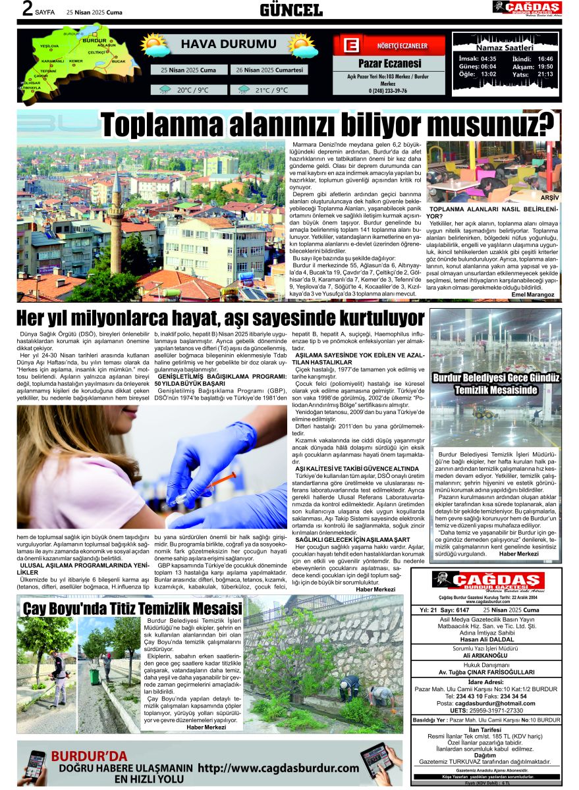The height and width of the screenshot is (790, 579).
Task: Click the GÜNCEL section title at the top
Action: click(290, 9)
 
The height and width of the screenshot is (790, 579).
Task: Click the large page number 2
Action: click(27, 9)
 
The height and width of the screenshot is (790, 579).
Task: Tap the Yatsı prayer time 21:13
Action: click(545, 74)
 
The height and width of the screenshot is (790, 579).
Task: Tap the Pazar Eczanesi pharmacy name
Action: click(389, 64)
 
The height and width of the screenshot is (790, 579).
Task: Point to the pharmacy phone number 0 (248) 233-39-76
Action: click(388, 91)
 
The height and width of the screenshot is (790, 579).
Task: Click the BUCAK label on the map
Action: click(118, 61)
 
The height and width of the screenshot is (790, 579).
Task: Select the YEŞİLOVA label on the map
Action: click(49, 46)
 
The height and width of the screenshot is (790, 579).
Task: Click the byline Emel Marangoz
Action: click(534, 295)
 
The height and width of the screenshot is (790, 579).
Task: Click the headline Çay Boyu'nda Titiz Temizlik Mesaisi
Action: click(132, 607)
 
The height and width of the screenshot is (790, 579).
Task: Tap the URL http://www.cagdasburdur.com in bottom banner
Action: click(278, 768)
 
